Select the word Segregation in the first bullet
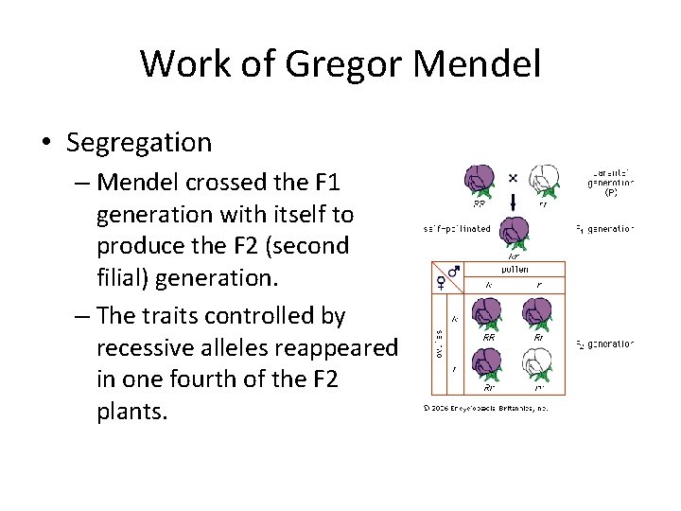coord(139,143)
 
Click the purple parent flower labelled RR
coord(480,181)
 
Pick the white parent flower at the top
coord(542,181)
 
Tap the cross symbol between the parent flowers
coord(512,177)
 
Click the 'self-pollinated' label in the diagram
coord(457,229)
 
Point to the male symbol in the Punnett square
coord(454,273)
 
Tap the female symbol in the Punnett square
coord(440,282)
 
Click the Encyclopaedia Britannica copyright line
coord(484,409)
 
